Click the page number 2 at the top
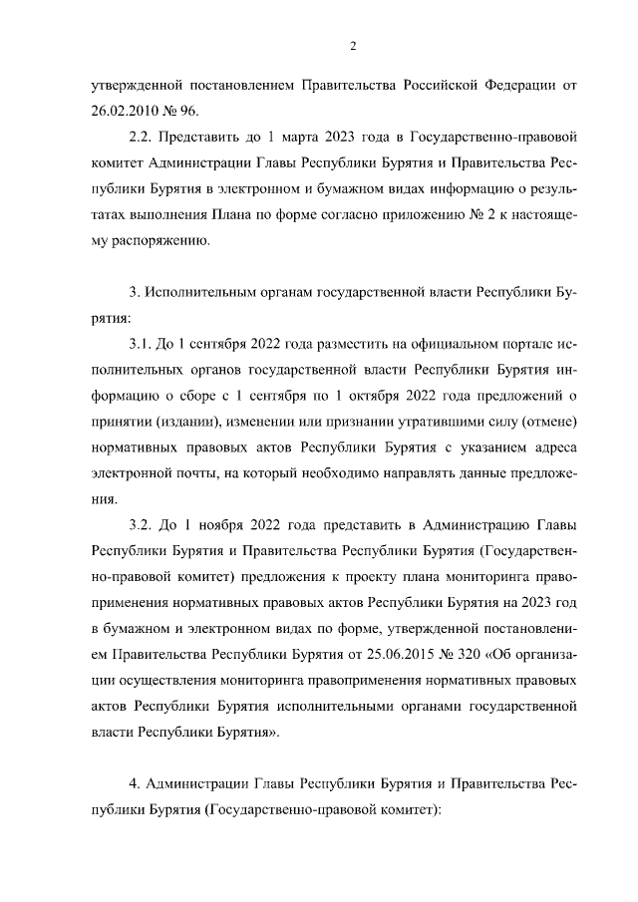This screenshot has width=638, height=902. click(352, 45)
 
